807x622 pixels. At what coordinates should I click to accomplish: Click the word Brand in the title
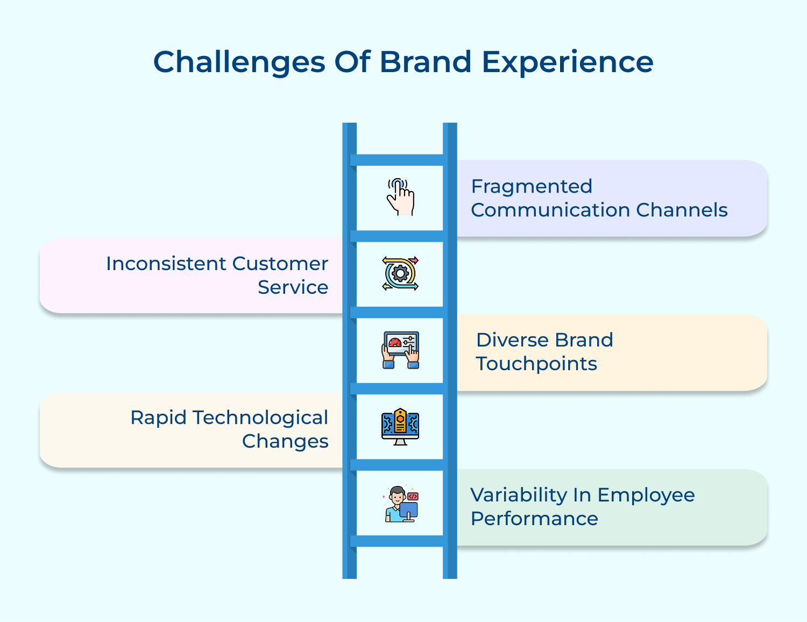tap(426, 61)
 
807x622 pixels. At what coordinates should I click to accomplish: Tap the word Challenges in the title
tap(239, 62)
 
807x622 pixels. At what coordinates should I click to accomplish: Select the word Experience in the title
tap(567, 62)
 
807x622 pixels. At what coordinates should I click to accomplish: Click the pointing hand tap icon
tap(400, 197)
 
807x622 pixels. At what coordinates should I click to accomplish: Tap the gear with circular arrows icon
tap(400, 273)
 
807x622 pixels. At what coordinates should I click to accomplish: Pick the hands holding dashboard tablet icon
tap(400, 350)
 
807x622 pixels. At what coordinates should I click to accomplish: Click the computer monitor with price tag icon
tap(400, 427)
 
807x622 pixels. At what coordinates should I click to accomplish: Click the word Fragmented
tap(532, 186)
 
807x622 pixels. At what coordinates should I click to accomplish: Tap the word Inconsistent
tap(166, 264)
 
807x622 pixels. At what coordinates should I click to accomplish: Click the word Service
tap(293, 287)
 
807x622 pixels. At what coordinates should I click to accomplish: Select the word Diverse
tap(512, 340)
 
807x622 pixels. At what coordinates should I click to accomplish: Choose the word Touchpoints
tap(536, 364)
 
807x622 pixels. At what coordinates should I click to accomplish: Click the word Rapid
tap(158, 418)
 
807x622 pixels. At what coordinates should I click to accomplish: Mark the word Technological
tap(260, 418)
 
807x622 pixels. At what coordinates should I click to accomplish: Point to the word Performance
tap(534, 519)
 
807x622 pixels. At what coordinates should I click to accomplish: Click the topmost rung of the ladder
tap(399, 160)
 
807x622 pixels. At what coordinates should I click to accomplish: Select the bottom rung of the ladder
tap(399, 541)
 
